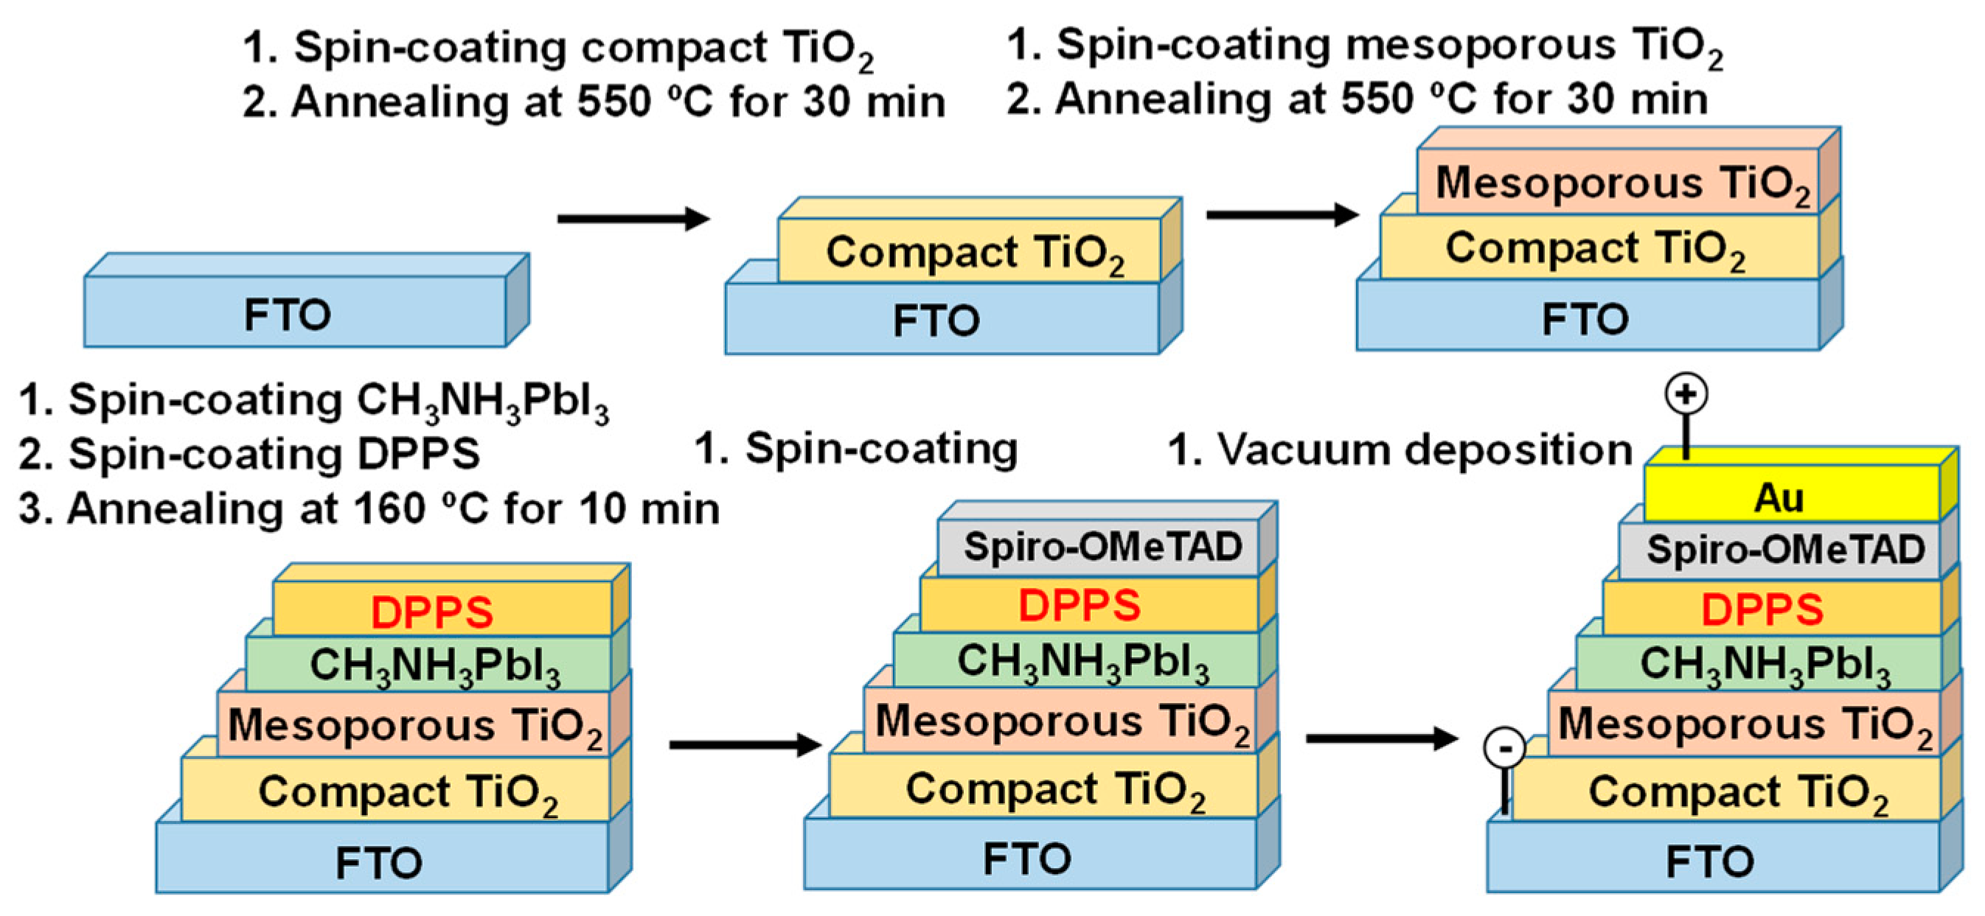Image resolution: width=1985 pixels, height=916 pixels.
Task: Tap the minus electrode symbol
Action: click(x=1504, y=748)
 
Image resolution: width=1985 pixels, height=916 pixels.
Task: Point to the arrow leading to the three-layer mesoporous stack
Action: click(x=1282, y=214)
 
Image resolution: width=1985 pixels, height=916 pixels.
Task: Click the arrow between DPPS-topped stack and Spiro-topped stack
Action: click(x=743, y=744)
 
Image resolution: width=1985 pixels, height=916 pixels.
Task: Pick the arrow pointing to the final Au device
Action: click(x=1380, y=738)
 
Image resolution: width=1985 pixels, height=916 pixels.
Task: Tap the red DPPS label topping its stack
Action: click(x=431, y=612)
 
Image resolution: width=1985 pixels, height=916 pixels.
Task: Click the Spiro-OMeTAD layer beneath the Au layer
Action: click(x=1784, y=550)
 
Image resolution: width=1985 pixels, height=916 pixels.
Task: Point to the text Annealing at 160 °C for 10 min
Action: click(x=393, y=508)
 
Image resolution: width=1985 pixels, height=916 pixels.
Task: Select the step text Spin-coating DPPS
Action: click(x=274, y=454)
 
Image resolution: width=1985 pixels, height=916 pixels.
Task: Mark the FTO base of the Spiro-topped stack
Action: click(x=1029, y=857)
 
